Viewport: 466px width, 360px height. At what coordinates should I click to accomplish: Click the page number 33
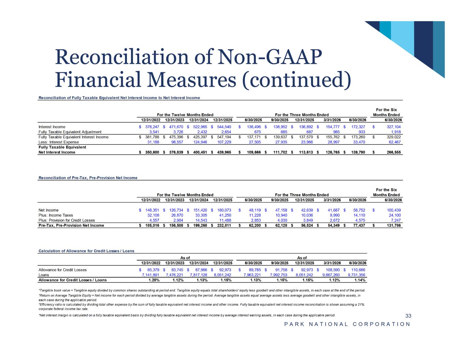[x=408, y=316]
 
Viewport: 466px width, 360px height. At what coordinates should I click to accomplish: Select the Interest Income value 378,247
[x=152, y=127]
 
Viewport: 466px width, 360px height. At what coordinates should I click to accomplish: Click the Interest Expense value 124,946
[x=200, y=142]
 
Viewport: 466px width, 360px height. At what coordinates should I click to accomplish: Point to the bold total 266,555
[x=394, y=152]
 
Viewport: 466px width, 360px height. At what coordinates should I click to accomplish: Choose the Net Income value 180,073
[x=224, y=210]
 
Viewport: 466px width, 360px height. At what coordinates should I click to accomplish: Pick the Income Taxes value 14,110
[x=359, y=215]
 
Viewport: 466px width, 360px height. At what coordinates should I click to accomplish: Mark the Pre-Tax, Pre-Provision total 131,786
[x=394, y=226]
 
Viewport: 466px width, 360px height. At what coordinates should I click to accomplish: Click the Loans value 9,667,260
[x=331, y=275]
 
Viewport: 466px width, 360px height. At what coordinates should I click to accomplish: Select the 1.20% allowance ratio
[x=154, y=280]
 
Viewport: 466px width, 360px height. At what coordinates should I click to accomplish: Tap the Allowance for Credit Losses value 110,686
[x=358, y=270]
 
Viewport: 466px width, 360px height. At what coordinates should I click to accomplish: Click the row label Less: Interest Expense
[x=58, y=142]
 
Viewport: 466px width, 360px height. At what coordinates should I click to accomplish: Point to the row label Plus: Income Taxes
[x=56, y=215]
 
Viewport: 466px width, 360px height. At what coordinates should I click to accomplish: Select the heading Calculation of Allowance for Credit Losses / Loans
[x=86, y=251]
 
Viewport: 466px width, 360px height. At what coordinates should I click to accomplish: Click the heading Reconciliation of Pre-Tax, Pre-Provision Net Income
[x=88, y=178]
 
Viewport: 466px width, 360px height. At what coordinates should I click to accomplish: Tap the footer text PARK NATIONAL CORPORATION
[x=347, y=324]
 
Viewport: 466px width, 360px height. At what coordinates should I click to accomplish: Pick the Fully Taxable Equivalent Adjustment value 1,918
[x=396, y=132]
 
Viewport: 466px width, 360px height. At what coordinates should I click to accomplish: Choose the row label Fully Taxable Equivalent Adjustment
[x=70, y=132]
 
